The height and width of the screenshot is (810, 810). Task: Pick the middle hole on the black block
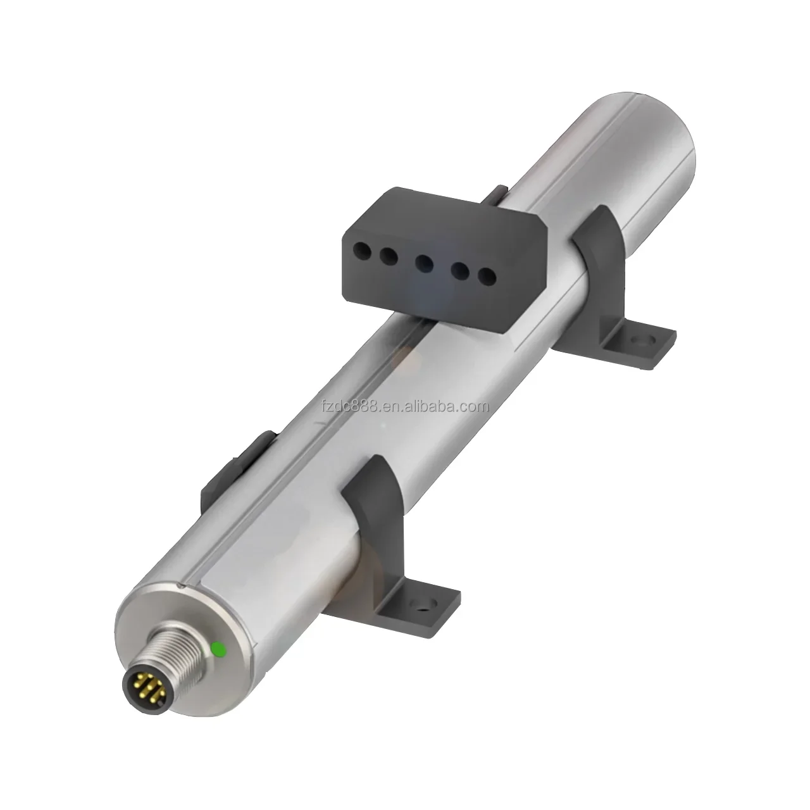point(424,263)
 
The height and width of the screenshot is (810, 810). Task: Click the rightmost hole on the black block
point(487,276)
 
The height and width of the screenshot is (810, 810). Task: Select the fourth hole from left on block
point(460,271)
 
